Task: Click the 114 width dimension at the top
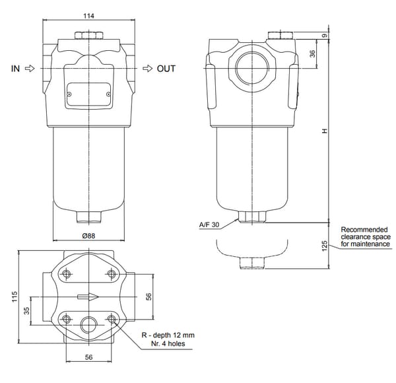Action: [x=88, y=15]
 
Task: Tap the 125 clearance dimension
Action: [x=324, y=246]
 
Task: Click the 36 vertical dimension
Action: [x=312, y=53]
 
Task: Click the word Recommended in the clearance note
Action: [x=364, y=230]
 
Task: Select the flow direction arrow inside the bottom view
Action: [x=88, y=296]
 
